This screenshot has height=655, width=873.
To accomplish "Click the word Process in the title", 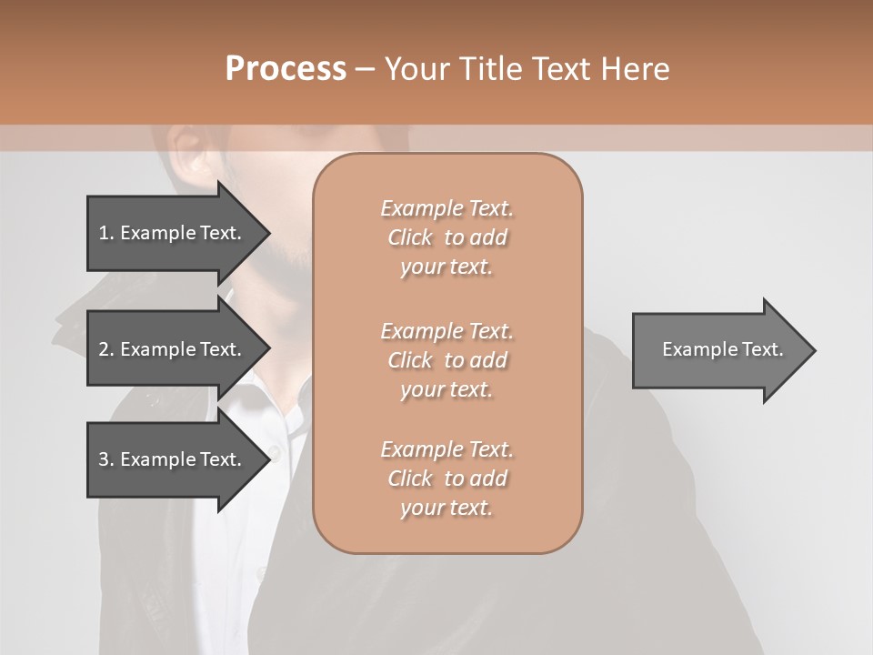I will pos(286,68).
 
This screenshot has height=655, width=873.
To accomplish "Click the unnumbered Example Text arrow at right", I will pos(723,349).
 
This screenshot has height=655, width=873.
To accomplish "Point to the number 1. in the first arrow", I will pos(106,233).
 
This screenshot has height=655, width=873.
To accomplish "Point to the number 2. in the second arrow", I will pos(106,349).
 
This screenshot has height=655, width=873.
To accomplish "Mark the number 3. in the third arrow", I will pos(106,459).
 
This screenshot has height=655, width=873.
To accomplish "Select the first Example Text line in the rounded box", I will pos(447,208).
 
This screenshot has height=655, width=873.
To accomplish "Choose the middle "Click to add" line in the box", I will pos(447,360).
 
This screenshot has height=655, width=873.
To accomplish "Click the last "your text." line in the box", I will pos(447,508).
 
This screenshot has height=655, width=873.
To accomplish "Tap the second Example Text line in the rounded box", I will pos(447,331).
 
